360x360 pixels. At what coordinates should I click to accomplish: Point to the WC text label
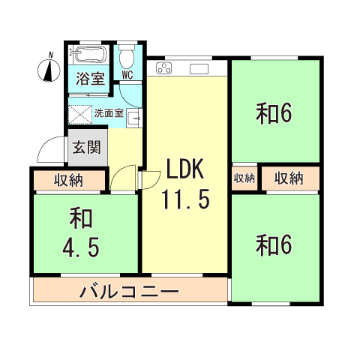(127, 74)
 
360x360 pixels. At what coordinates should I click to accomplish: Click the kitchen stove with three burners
(164, 70)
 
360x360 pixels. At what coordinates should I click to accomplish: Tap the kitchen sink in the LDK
(199, 70)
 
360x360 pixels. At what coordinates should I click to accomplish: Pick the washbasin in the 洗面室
(134, 118)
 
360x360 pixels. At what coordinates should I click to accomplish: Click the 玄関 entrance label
(86, 146)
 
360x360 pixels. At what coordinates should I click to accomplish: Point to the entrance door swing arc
(46, 148)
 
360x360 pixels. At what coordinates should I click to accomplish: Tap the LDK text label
(184, 170)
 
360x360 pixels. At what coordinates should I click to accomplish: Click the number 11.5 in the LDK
(184, 200)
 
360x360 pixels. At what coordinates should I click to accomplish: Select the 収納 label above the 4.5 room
(69, 180)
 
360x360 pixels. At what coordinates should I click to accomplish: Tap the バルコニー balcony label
(129, 290)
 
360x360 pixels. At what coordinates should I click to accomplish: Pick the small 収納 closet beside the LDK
(244, 178)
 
